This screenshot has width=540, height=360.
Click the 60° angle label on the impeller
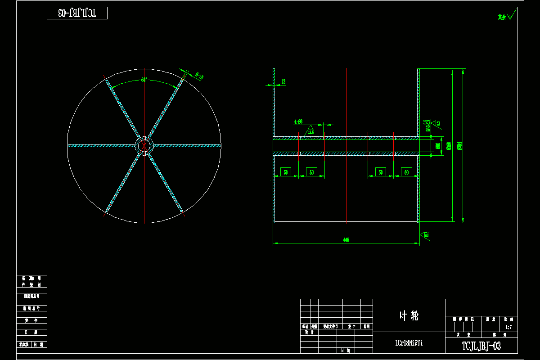(144, 80)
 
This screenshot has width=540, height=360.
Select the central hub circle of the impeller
(144, 145)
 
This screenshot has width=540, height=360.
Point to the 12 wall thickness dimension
(283, 81)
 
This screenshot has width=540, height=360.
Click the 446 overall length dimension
(346, 240)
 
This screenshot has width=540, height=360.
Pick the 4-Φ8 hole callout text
(298, 121)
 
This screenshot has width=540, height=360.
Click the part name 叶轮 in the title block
(409, 315)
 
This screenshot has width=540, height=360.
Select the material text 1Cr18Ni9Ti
(409, 343)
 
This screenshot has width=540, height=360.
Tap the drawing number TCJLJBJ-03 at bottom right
(481, 346)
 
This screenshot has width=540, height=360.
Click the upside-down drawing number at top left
(77, 13)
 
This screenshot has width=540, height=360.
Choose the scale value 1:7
(509, 327)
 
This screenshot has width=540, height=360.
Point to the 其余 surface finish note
(502, 17)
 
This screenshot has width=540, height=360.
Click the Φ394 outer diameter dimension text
(459, 146)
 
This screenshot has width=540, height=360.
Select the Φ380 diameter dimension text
(449, 146)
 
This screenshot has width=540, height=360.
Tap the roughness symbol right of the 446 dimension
(425, 234)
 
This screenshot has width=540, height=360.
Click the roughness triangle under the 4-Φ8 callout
(310, 131)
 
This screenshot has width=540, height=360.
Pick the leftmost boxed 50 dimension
(286, 172)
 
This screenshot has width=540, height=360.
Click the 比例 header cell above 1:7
(509, 319)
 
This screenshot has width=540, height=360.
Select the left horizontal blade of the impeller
(101, 145)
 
